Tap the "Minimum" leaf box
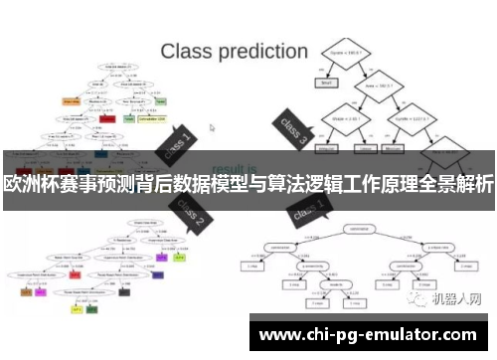396,149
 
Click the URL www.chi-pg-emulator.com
367,335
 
